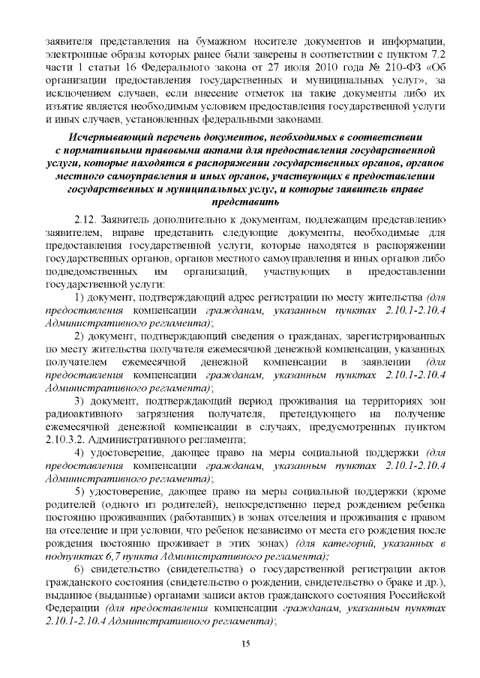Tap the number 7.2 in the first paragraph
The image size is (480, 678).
pos(437,55)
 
